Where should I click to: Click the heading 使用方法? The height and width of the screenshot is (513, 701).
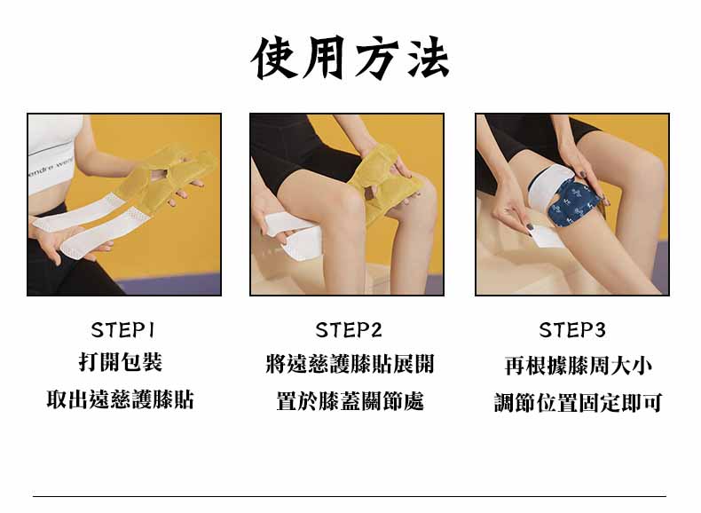pyautogui.click(x=350, y=58)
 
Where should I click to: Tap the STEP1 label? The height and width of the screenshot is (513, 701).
pyautogui.click(x=123, y=330)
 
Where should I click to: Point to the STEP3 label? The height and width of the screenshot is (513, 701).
pyautogui.click(x=572, y=330)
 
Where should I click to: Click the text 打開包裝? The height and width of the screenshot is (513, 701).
pyautogui.click(x=121, y=363)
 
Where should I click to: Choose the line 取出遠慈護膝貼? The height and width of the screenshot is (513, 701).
pyautogui.click(x=121, y=399)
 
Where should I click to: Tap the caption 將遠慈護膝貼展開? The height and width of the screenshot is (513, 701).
pyautogui.click(x=350, y=364)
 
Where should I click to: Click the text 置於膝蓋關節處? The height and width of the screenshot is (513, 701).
pyautogui.click(x=350, y=401)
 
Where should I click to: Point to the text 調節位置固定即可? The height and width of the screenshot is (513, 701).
pyautogui.click(x=578, y=403)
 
